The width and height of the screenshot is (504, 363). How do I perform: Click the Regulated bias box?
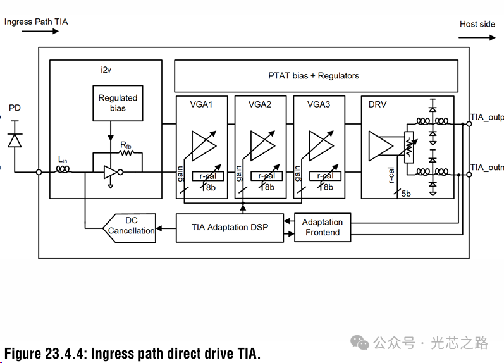click(118, 103)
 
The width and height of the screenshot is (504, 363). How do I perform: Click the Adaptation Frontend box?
click(323, 227)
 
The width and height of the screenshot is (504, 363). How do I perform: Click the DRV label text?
click(378, 104)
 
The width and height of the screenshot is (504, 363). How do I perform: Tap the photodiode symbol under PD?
click(14, 140)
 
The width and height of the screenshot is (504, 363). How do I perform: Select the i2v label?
click(106, 70)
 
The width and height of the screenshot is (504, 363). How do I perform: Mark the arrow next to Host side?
click(481, 37)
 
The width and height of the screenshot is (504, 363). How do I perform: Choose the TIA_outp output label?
click(486, 118)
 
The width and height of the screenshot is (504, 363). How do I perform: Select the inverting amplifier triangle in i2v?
click(111, 172)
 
